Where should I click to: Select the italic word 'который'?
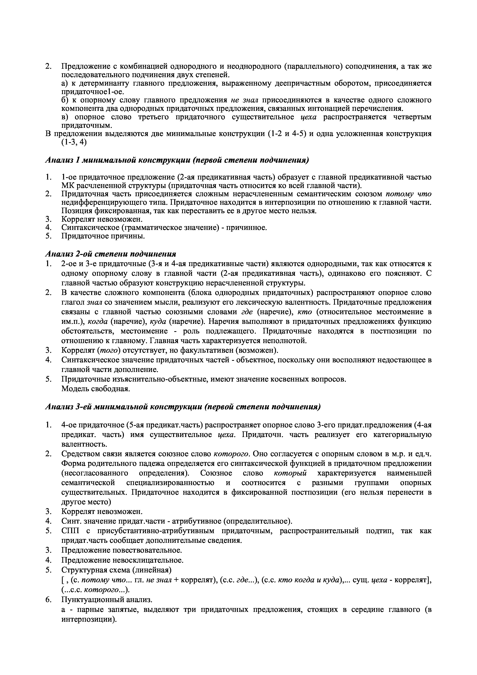pyautogui.click(x=290, y=473)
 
